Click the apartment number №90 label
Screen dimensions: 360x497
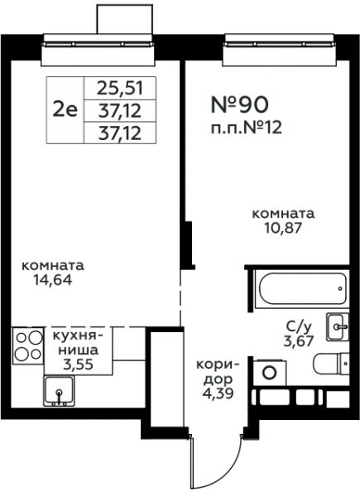[x=240, y=104]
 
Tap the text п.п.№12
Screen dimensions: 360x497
[x=247, y=128]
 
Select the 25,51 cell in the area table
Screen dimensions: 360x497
[x=120, y=88]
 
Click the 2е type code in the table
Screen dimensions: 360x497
[x=65, y=111]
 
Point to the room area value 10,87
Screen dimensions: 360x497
[x=283, y=228]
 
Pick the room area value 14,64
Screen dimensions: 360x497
[x=54, y=280]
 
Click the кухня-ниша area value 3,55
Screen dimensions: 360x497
[x=78, y=364]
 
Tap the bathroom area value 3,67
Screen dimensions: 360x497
[x=298, y=341]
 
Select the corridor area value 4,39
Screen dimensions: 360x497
[x=218, y=393]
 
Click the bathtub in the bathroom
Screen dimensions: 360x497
[x=302, y=288]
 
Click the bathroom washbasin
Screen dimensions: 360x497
[x=338, y=327]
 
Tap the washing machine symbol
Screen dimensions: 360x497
[x=270, y=373]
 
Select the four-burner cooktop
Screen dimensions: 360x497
[x=28, y=345]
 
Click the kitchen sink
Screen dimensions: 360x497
[x=59, y=391]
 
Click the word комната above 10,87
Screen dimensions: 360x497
[x=283, y=214]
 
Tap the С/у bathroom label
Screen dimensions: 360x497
[x=299, y=326]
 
